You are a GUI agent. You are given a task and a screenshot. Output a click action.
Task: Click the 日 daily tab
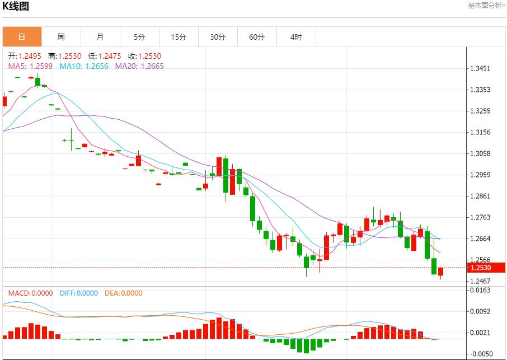tap(22, 37)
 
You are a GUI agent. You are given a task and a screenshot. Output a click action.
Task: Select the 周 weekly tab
tap(61, 37)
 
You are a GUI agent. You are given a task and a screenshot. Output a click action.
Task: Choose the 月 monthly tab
tap(100, 37)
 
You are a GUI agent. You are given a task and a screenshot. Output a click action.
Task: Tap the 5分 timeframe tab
tap(139, 37)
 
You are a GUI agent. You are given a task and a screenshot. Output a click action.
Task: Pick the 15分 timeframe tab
tap(179, 37)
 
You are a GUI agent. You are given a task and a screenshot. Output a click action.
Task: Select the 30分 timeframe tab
tap(218, 37)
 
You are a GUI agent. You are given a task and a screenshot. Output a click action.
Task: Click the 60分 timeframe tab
tap(257, 37)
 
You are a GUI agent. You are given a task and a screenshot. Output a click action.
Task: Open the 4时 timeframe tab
tap(296, 37)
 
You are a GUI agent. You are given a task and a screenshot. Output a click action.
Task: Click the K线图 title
tap(16, 7)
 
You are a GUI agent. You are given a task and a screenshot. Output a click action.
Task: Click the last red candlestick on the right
tap(441, 272)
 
